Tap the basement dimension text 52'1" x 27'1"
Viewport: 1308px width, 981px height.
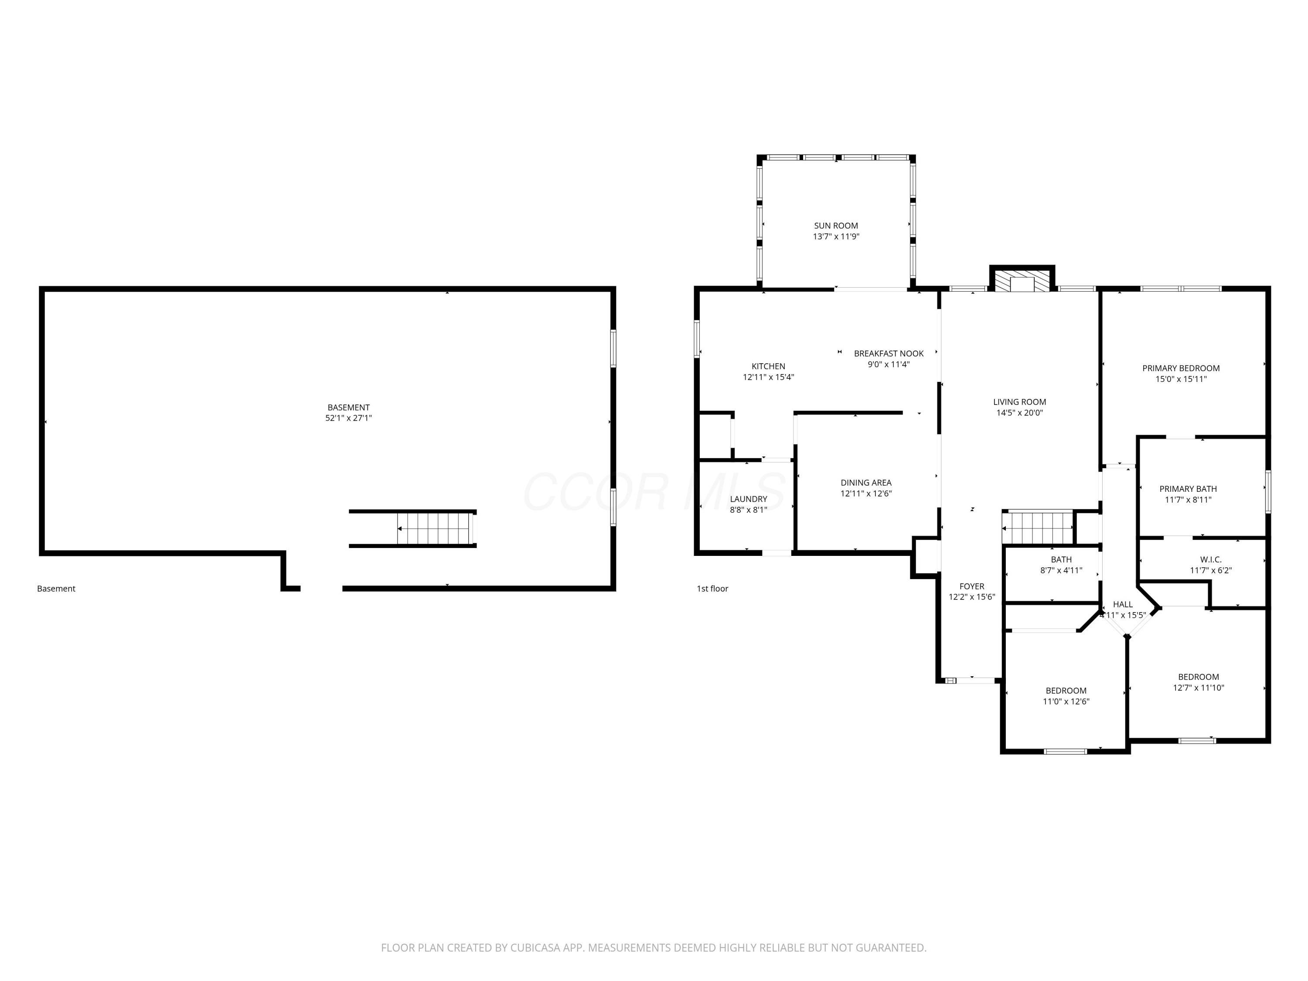tap(348, 418)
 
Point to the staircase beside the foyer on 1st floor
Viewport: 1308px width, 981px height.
tap(1037, 528)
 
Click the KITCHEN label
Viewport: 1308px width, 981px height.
tap(768, 366)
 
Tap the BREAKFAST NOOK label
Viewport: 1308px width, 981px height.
tap(889, 354)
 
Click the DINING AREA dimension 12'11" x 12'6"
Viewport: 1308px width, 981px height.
tap(866, 493)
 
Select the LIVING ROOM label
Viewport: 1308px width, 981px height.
tap(1019, 402)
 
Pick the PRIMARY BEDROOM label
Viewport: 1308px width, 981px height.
tap(1181, 368)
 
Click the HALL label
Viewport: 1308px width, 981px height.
tap(1122, 604)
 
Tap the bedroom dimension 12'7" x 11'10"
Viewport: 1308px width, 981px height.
tap(1198, 688)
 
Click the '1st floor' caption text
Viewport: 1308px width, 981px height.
tap(712, 588)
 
